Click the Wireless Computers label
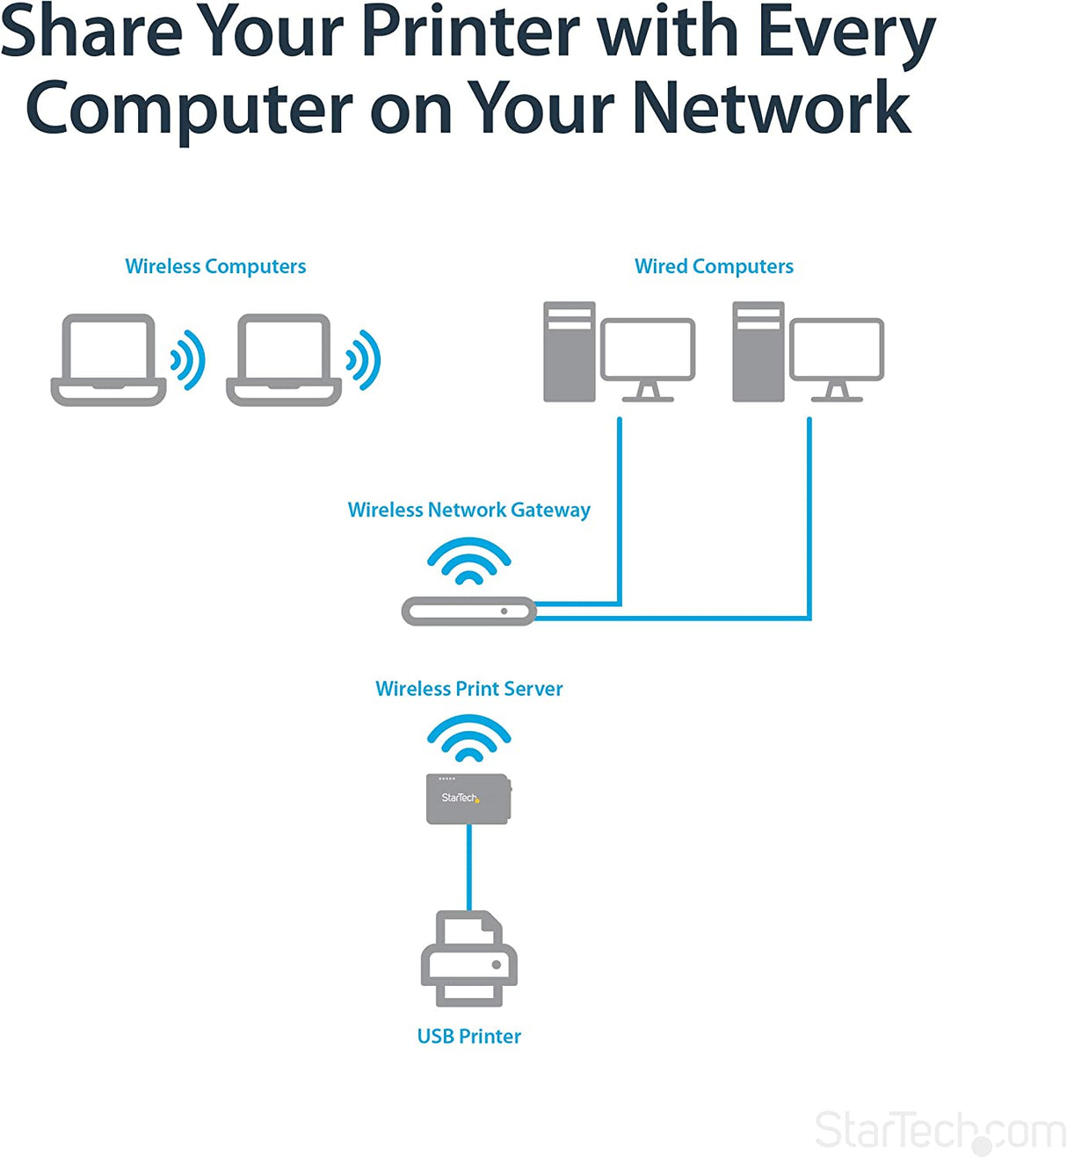coord(215,266)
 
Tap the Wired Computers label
coord(714,266)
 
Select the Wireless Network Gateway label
coord(468,510)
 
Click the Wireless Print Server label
coord(468,689)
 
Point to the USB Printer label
coord(468,1037)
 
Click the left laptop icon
coord(108,360)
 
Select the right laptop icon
coord(284,360)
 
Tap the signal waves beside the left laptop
coord(188,360)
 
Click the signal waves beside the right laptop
coord(364,360)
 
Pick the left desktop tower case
coord(569,351)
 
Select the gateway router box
coord(468,611)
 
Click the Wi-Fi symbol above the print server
coord(468,739)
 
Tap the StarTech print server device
coord(468,799)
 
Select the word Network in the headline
coord(770,108)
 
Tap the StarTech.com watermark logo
coord(940,1132)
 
